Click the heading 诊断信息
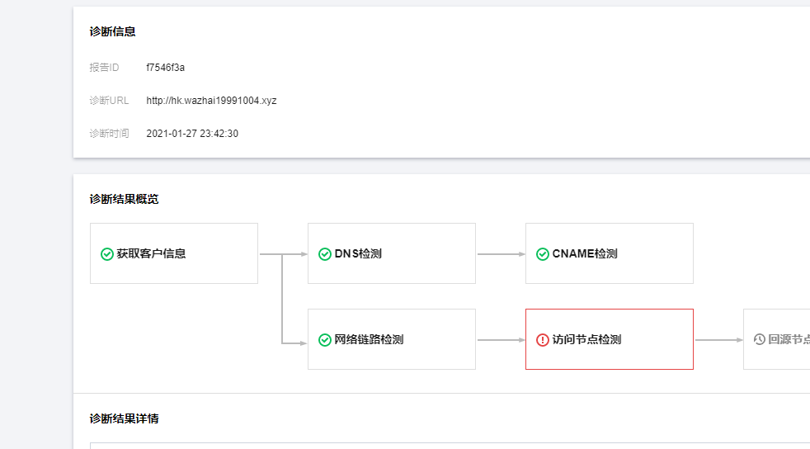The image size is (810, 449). pos(113,31)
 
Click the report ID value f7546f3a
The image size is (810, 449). pos(165,67)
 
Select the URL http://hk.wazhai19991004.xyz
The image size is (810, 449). pos(211,100)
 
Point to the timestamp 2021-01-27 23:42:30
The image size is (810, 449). pos(192,133)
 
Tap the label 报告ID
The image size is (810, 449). pos(104,67)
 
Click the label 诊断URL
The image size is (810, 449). pos(109,100)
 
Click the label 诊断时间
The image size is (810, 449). pos(109,133)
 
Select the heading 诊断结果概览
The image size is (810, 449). pos(125,199)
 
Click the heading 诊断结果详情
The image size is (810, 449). pos(125,418)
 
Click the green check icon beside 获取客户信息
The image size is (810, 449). pos(106,254)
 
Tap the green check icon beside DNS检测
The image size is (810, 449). pos(324,254)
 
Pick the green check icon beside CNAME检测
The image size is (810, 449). pos(542,254)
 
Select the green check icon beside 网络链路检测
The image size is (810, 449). pos(324,340)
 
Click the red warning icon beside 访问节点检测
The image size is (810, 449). pos(542,340)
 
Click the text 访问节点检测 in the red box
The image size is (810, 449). pos(586,340)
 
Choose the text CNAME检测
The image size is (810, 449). pos(585,254)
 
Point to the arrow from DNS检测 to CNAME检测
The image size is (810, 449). pos(500,254)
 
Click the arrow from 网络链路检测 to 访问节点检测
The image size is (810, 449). pos(500,340)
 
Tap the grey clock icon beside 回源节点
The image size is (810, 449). pos(760,340)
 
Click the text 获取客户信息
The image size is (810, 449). pos(151,254)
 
